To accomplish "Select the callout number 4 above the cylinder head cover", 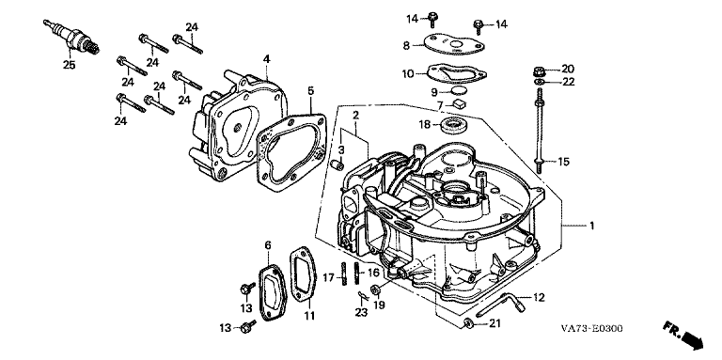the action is pos(267,59).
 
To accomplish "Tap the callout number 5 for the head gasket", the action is pos(311,90).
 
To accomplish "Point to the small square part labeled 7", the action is pos(459,103).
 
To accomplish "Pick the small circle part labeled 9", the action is pos(458,90).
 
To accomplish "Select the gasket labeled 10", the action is pos(457,73).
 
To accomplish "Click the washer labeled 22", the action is pos(539,82).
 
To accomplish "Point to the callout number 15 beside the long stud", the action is pos(564,162).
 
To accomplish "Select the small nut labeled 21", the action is pos(468,323).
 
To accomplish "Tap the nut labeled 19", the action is pos(375,290).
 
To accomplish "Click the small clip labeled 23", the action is pos(362,295).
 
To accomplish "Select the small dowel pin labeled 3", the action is pos(338,164).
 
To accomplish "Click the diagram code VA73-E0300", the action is pos(591,328).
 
